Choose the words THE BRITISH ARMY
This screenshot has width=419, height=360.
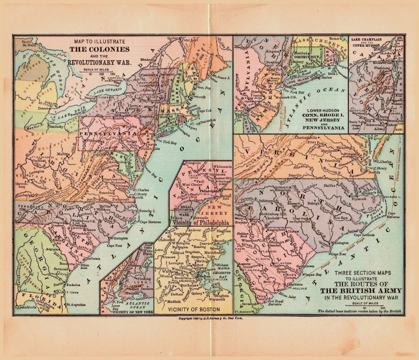[x=361, y=290]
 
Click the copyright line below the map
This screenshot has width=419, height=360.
[x=211, y=318]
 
